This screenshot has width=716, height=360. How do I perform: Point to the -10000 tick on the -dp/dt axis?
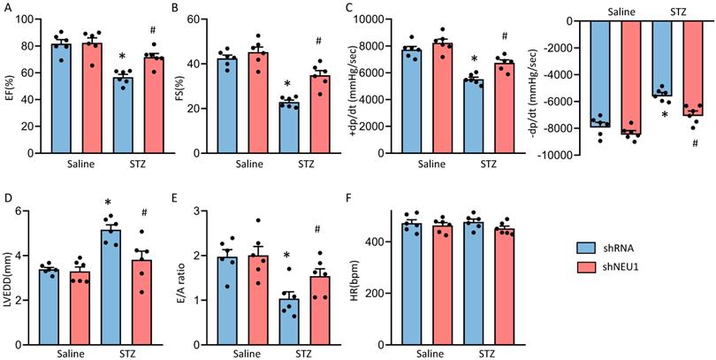[x=559, y=156]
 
